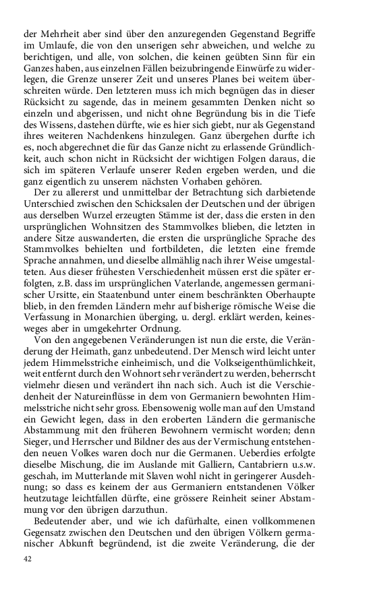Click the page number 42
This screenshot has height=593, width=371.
click(x=28, y=559)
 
